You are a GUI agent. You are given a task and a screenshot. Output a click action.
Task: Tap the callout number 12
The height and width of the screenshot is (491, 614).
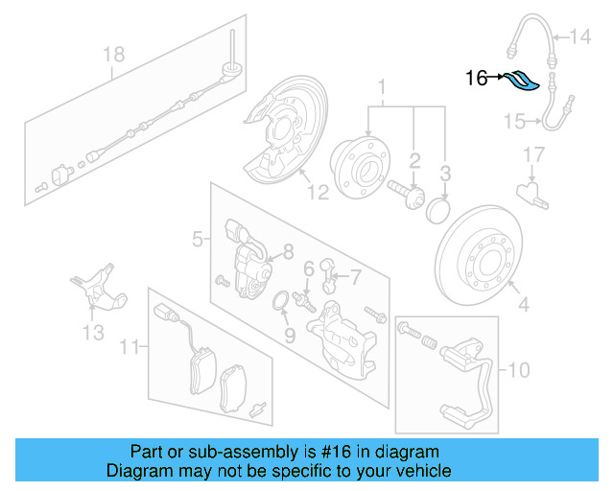click(318, 192)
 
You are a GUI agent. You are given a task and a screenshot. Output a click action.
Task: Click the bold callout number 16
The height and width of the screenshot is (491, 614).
click(477, 79)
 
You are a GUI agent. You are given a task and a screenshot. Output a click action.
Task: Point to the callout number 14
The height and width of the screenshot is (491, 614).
click(582, 38)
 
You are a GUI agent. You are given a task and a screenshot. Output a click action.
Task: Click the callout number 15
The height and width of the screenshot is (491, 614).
click(515, 121)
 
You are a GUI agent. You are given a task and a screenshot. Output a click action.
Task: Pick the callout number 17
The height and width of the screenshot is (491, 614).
click(533, 153)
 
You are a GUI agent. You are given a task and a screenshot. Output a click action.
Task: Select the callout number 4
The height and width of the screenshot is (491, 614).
click(523, 307)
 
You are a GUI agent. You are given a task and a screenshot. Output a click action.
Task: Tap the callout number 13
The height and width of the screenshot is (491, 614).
click(93, 333)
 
